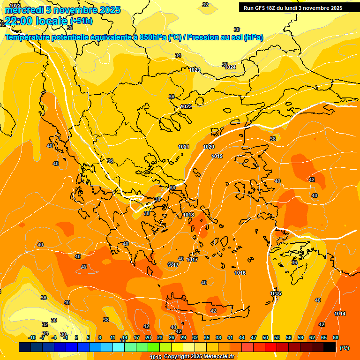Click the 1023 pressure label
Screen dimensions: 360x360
click(x=195, y=70)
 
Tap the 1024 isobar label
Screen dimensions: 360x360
click(x=231, y=67)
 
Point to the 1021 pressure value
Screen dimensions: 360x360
click(x=183, y=147)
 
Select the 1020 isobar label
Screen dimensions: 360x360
click(x=209, y=147)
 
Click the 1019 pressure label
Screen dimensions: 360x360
click(x=217, y=156)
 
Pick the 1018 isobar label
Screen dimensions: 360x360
click(x=188, y=215)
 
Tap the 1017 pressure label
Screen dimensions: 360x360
click(x=192, y=260)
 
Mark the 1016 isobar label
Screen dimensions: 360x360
click(x=240, y=273)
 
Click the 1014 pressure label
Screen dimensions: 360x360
click(x=340, y=314)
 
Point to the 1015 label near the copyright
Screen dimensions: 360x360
click(x=156, y=357)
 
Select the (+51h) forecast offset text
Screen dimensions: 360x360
click(x=81, y=21)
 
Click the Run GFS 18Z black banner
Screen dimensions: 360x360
click(x=292, y=8)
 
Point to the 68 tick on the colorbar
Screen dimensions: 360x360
click(x=336, y=337)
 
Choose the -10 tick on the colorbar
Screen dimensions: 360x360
click(x=32, y=337)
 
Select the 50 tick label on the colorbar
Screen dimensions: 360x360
click(x=265, y=337)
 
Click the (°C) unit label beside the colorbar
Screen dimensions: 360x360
click(x=345, y=348)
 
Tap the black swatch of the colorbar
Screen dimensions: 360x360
click(x=330, y=347)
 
